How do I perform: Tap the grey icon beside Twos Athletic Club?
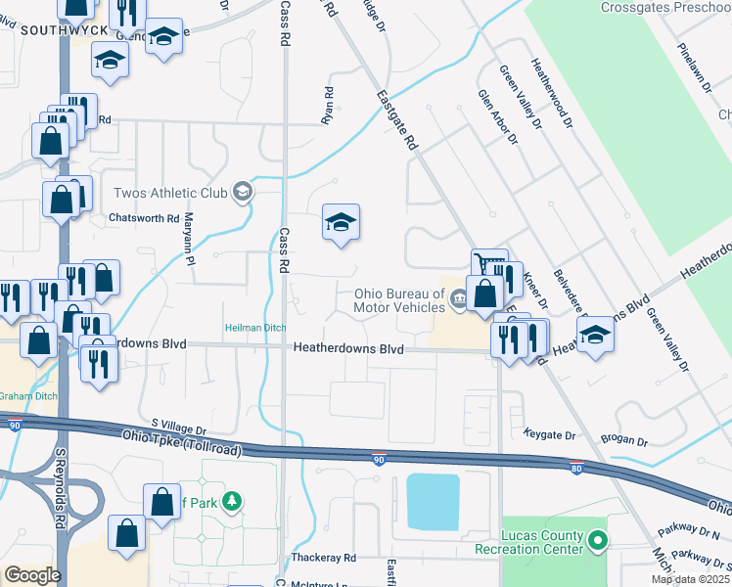(242, 192)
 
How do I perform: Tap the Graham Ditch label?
(28, 396)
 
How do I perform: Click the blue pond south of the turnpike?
(432, 502)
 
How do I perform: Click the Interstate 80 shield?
(577, 468)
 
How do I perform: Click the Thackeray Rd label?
(323, 558)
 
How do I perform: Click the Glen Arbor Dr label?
(496, 117)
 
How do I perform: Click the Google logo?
(32, 575)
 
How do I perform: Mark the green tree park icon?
(231, 503)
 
